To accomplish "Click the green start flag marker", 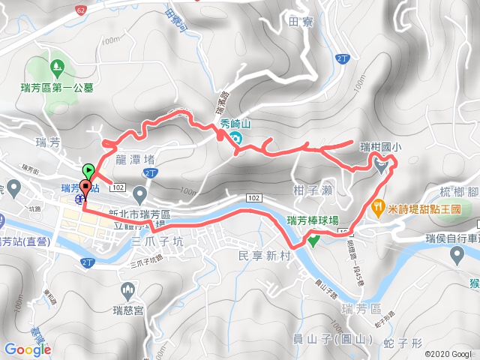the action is click(x=88, y=170).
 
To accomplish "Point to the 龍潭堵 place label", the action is click(x=136, y=159).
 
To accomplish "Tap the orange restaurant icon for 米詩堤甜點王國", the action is click(x=382, y=205).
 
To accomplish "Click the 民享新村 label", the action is click(x=263, y=256).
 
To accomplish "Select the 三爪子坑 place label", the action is click(x=157, y=241).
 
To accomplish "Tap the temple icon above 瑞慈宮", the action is click(x=127, y=290).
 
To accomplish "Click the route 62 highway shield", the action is click(x=81, y=10).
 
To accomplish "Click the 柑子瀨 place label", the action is click(x=313, y=190).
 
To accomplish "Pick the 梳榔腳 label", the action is click(x=459, y=193).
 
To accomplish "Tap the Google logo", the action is click(x=28, y=349).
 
